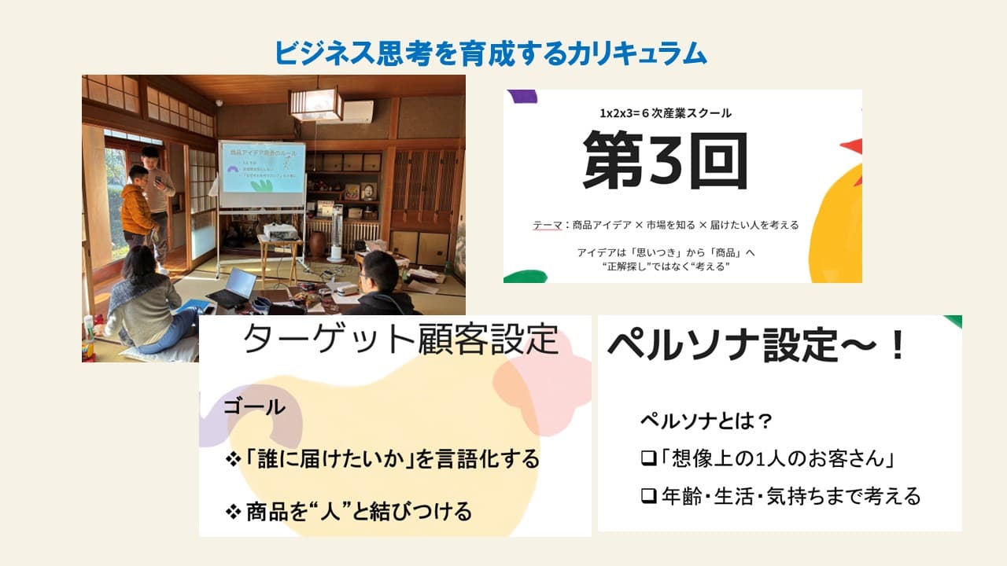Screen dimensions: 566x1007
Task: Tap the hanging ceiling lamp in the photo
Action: coord(315,103)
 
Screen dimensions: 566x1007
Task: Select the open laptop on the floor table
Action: coord(235,287)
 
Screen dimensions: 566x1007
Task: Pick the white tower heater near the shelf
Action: coord(336,233)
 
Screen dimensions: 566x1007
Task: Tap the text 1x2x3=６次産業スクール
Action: coord(665,113)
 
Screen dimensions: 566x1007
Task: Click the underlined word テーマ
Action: coord(547,226)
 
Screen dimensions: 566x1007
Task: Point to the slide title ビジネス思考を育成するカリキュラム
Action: coord(490,53)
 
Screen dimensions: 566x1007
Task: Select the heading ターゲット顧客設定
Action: coord(400,340)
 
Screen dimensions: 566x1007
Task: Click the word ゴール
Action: coord(253,406)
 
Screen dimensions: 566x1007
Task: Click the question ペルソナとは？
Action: coord(706,421)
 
